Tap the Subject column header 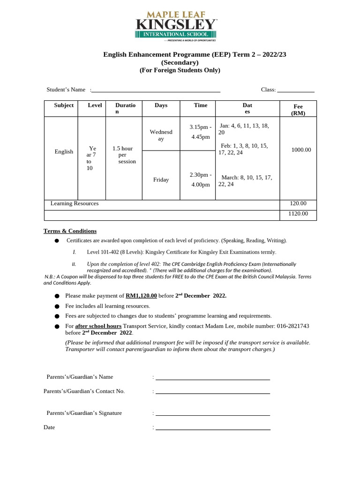click(x=64, y=105)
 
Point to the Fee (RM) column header click(x=298, y=110)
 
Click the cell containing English click(x=64, y=152)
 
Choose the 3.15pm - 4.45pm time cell click(x=200, y=132)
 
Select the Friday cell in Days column click(x=161, y=180)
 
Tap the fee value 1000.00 click(x=301, y=150)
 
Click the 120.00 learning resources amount click(x=298, y=204)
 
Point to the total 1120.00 click(x=298, y=214)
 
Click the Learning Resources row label click(x=75, y=204)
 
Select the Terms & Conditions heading click(x=70, y=231)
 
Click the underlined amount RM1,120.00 click(x=141, y=296)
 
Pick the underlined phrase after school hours click(x=98, y=326)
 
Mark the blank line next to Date click(x=212, y=428)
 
